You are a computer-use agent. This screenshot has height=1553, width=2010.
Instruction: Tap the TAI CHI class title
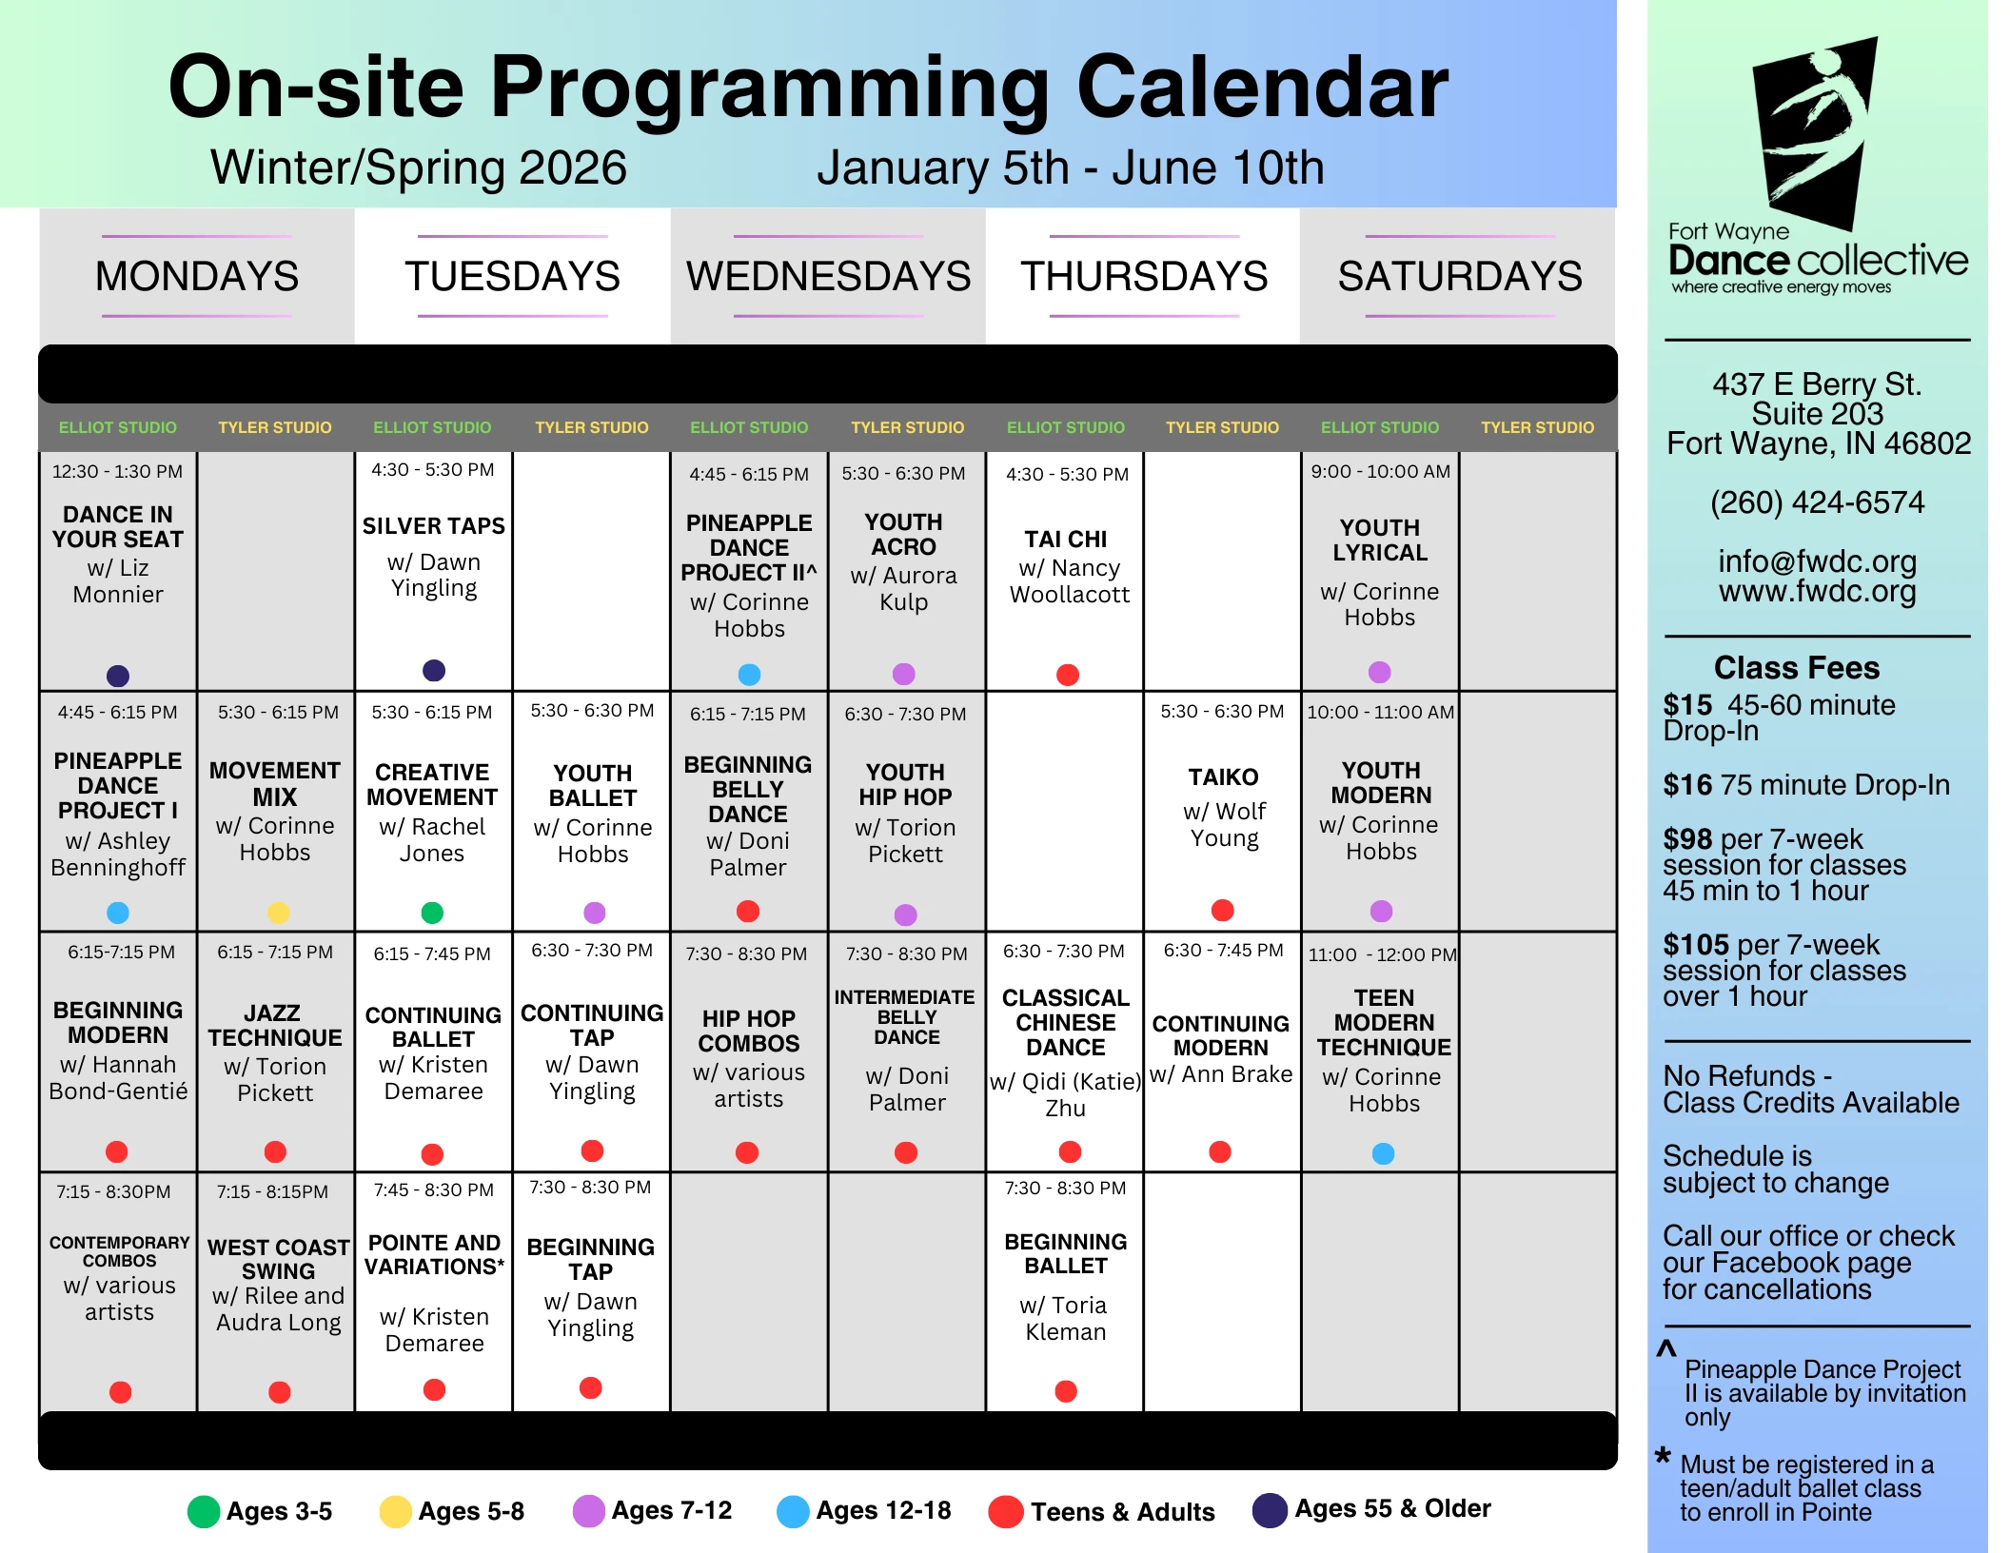[1066, 540]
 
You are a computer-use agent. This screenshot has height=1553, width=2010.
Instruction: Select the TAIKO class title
[1223, 777]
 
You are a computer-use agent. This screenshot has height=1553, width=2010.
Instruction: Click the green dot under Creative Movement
[432, 913]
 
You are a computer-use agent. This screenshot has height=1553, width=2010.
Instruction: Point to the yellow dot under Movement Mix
[278, 913]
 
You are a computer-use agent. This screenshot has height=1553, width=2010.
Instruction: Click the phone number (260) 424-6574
[1817, 502]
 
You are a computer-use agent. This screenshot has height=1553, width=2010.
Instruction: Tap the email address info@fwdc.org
[1817, 561]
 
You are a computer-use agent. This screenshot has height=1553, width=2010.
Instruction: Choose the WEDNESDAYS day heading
[828, 277]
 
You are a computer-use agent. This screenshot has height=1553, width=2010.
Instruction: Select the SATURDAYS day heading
[1460, 277]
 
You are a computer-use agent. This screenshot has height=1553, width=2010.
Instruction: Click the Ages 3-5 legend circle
[204, 1511]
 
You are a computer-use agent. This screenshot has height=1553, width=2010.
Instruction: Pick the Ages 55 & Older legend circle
[1270, 1510]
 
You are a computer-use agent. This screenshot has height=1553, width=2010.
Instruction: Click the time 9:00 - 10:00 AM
[1380, 471]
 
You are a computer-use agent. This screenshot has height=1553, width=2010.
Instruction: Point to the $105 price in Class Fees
[1695, 945]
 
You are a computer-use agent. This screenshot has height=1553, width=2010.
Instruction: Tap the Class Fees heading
[1797, 668]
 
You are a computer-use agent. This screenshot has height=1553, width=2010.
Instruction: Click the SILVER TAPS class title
[433, 526]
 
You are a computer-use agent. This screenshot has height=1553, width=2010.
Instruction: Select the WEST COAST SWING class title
[279, 1259]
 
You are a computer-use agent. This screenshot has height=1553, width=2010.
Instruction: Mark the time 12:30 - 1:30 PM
[117, 471]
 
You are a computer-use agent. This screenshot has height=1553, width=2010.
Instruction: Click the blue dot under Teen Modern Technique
[1383, 1153]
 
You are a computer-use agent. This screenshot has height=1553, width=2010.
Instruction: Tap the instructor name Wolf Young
[1225, 824]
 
